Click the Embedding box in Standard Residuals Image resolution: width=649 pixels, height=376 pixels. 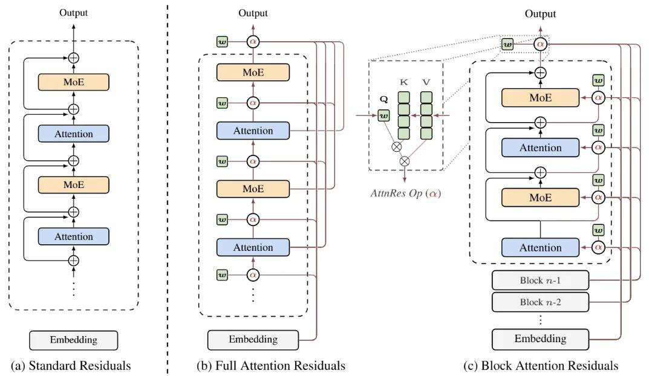[73, 339]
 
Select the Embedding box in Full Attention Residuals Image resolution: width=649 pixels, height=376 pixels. [253, 339]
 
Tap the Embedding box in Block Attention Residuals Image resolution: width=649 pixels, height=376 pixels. [540, 339]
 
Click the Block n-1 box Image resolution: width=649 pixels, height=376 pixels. [540, 280]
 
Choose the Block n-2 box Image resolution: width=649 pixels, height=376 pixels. [540, 302]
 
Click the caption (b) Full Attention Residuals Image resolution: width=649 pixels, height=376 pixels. [271, 365]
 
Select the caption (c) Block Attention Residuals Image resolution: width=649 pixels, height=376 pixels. [540, 365]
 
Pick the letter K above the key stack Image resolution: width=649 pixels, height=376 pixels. [404, 82]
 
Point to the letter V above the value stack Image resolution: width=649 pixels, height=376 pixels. [426, 82]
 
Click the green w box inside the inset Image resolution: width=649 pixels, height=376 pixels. [383, 114]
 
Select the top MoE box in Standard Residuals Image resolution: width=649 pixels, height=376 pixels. [73, 82]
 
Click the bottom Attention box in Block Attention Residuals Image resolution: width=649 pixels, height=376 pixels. [540, 247]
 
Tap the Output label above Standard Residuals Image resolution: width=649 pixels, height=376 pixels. [73, 12]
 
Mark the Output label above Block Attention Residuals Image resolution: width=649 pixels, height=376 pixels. [540, 13]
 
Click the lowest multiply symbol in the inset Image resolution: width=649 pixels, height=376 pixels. [405, 160]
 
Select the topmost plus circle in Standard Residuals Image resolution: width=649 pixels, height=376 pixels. [73, 57]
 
